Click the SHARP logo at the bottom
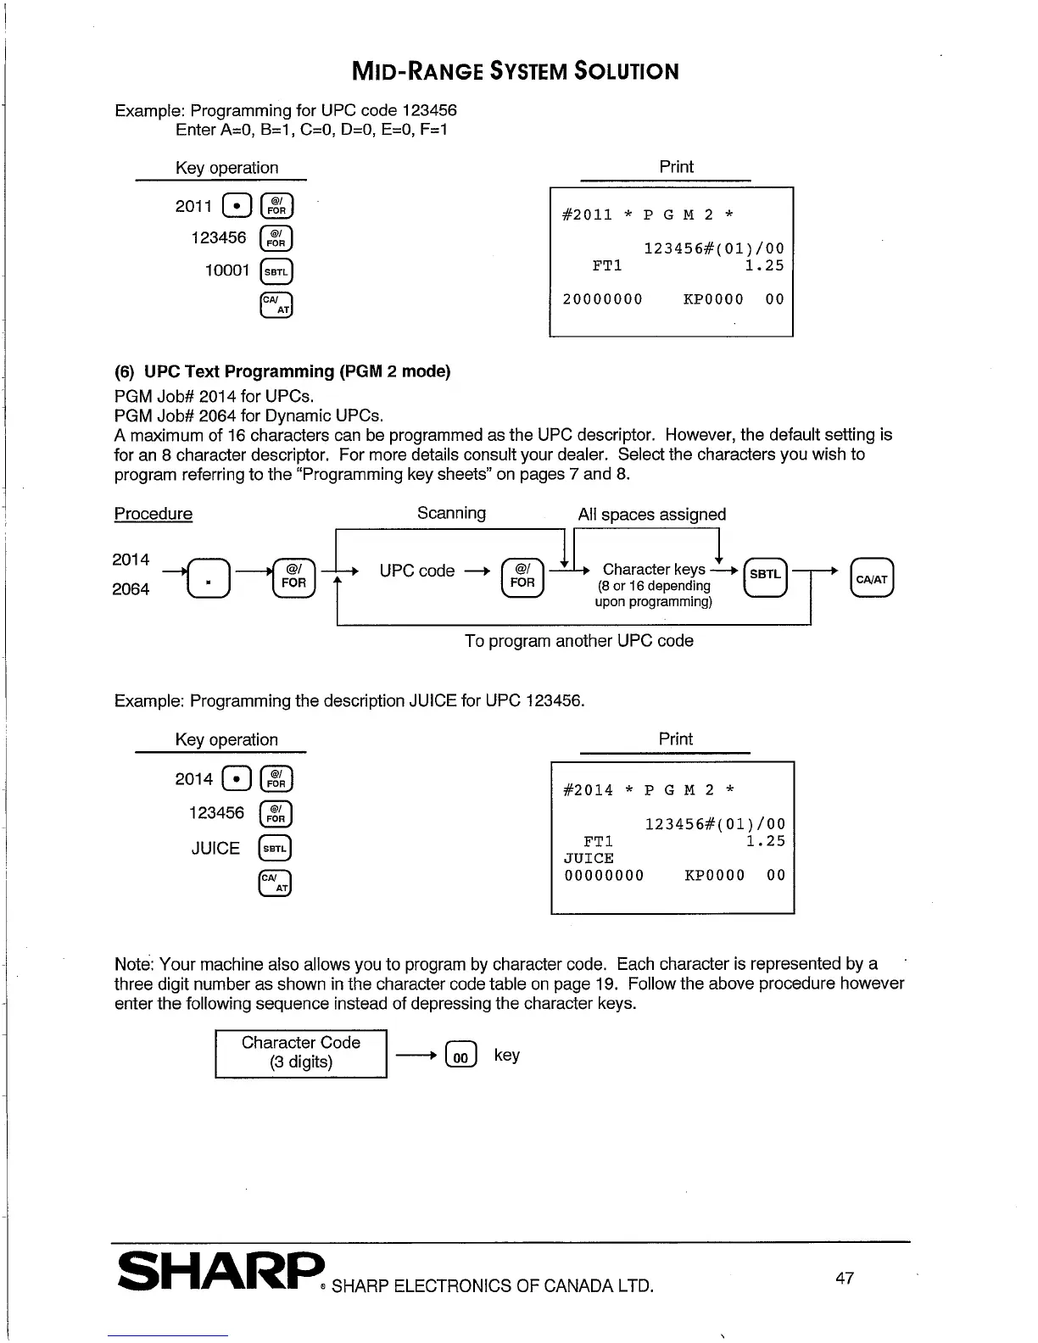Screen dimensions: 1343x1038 [221, 1271]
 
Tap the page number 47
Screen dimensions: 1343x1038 [845, 1278]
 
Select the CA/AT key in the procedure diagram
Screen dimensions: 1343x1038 [872, 578]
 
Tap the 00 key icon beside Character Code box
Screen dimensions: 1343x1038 [460, 1056]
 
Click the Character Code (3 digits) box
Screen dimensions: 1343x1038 [301, 1053]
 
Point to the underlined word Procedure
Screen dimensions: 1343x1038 [153, 514]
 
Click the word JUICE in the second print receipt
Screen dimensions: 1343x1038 [589, 858]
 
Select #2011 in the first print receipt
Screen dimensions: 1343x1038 [587, 215]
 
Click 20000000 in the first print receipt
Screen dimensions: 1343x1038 [602, 299]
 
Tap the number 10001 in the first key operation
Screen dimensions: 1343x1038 [227, 270]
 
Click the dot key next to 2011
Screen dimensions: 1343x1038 [237, 206]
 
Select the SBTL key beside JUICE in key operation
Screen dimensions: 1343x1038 [276, 849]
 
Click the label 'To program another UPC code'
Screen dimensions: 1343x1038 [578, 641]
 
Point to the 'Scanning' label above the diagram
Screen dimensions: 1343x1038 [451, 513]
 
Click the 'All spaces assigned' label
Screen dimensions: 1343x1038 [651, 515]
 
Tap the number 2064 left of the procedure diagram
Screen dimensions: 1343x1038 [131, 589]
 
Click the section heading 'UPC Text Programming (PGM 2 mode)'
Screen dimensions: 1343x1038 [297, 371]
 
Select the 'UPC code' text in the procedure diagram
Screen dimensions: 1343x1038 [416, 571]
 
